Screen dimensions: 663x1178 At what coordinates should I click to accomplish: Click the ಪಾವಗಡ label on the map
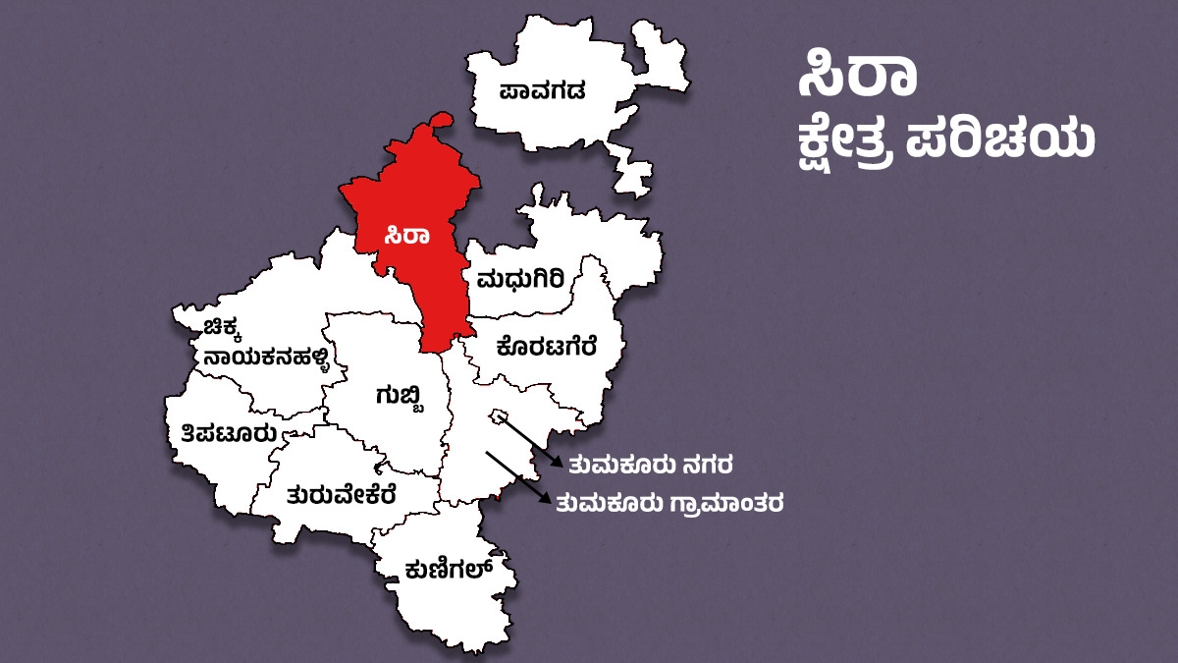(542, 92)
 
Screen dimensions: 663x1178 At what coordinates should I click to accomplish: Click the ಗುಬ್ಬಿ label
(401, 395)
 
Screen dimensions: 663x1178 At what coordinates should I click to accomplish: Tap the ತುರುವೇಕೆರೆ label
(341, 493)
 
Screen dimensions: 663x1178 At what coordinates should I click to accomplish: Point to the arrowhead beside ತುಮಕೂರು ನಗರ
(557, 461)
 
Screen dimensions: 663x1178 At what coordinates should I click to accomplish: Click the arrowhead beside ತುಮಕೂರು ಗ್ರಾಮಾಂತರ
(544, 501)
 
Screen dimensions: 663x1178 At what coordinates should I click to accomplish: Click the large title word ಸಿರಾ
(857, 79)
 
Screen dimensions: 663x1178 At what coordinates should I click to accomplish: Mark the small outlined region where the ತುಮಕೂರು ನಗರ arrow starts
(499, 415)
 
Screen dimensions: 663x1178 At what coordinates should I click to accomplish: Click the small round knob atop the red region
(443, 119)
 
